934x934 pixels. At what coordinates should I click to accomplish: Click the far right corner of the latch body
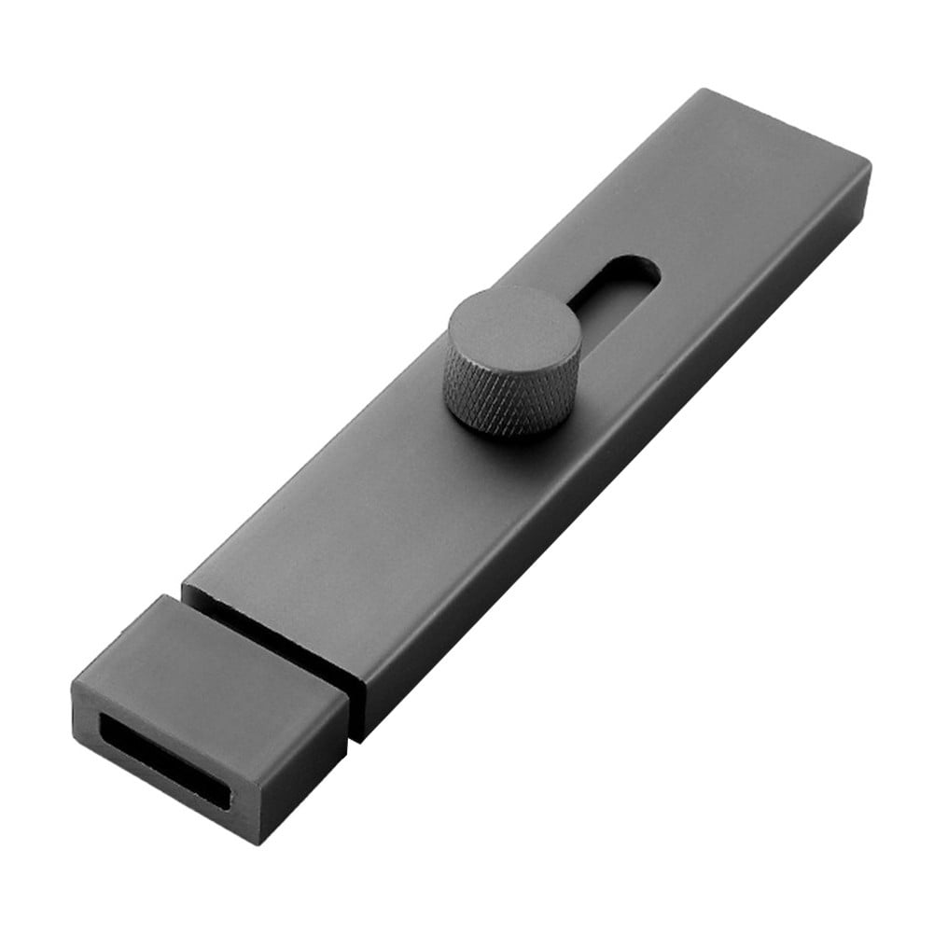point(870,166)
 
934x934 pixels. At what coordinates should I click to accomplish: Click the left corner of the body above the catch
point(184,587)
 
